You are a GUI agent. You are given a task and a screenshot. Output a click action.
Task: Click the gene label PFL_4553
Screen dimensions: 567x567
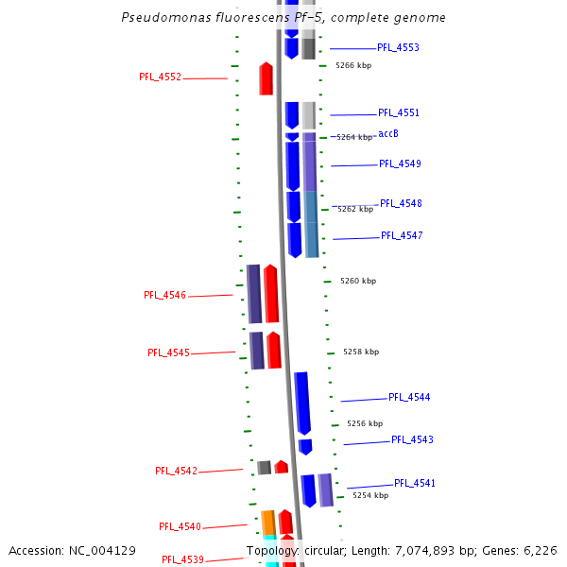coord(398,47)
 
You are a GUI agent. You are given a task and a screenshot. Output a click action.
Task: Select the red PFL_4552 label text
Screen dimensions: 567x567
coord(160,77)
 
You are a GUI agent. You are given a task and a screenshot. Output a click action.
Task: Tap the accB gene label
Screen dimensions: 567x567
coord(387,134)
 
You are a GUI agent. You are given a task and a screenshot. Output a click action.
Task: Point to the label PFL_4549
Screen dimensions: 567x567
coord(400,163)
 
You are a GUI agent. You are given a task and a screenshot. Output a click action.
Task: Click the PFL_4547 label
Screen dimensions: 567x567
coord(402,235)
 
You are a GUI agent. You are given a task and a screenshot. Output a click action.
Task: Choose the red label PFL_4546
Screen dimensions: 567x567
coord(164,295)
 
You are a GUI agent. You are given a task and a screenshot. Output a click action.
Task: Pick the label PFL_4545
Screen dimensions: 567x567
coord(168,352)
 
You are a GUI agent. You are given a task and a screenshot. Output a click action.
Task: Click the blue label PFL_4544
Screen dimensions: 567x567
coord(409,397)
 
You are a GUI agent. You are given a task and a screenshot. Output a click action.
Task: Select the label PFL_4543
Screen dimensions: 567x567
coord(412,439)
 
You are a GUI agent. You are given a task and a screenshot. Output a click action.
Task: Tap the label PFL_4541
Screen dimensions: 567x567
coord(415,483)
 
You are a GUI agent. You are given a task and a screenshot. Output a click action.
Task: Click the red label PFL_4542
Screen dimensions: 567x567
coord(176,471)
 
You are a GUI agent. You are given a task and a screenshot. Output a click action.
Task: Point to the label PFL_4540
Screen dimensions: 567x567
coord(180,526)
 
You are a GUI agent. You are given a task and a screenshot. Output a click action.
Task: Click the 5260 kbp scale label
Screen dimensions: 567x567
coord(358,281)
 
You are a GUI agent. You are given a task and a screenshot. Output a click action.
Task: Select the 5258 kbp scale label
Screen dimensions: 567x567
coord(361,352)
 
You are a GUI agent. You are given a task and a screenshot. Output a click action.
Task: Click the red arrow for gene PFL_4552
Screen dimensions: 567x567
coord(266,78)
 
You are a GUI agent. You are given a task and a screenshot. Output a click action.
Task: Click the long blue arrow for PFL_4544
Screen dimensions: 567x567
coord(302,403)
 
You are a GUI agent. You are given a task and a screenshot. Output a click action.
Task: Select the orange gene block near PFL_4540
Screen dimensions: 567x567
coord(268,523)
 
